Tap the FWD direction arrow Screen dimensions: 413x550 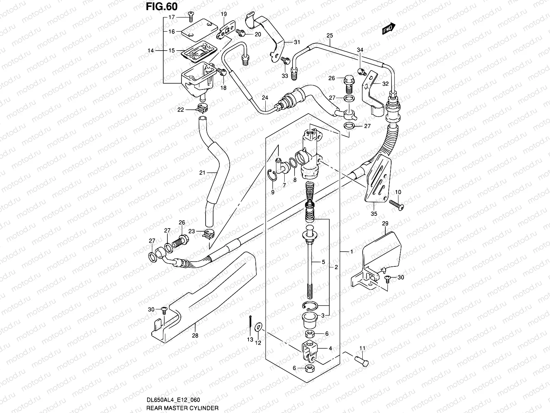(389, 30)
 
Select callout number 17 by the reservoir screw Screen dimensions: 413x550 (172, 17)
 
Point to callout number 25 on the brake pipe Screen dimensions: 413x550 (330, 35)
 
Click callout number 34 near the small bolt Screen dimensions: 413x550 (360, 50)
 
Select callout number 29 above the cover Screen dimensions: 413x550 (385, 224)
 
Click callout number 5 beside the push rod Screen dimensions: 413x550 (323, 262)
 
